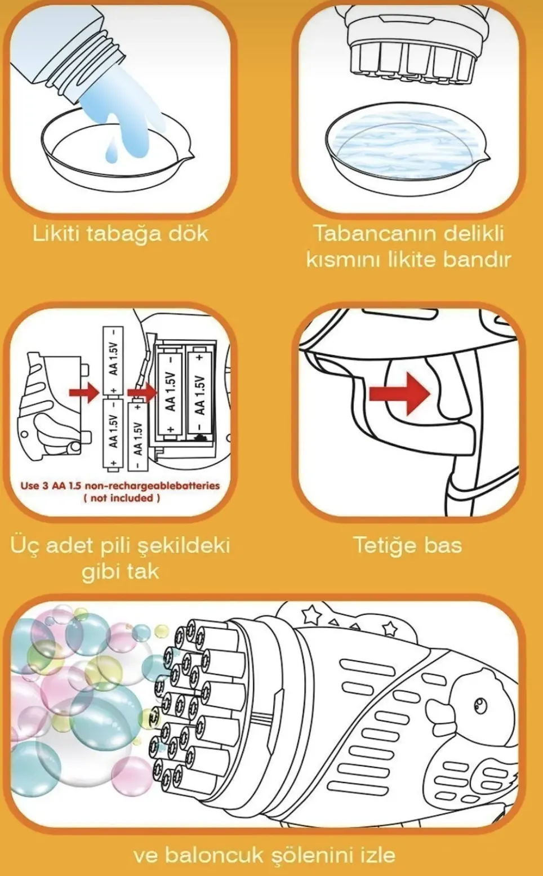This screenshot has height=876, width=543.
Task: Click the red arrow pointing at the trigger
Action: point(399,393)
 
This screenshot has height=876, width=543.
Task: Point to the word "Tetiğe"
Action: point(384,546)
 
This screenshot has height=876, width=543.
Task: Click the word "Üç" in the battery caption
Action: point(24,546)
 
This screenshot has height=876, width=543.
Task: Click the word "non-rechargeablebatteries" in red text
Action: point(153,486)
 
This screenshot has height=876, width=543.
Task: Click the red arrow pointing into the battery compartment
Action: point(142,392)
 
